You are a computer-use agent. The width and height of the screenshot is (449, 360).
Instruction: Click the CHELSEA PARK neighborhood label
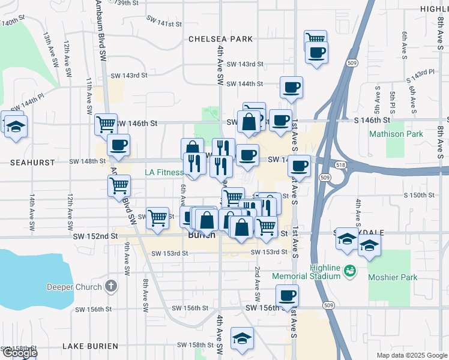coord(220,39)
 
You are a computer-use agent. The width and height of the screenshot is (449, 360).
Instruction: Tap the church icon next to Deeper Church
coord(110,286)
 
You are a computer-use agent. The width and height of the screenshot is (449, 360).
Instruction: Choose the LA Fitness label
coord(164,173)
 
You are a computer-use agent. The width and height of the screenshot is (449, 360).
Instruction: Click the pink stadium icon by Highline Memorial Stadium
coord(348,272)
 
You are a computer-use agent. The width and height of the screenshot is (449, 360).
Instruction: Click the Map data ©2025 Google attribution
coord(411,355)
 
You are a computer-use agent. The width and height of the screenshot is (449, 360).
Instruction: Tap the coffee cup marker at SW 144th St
coord(291,88)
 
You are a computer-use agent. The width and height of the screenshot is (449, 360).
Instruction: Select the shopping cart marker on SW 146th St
coord(106,125)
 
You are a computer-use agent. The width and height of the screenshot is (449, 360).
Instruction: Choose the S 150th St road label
coord(418,195)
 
